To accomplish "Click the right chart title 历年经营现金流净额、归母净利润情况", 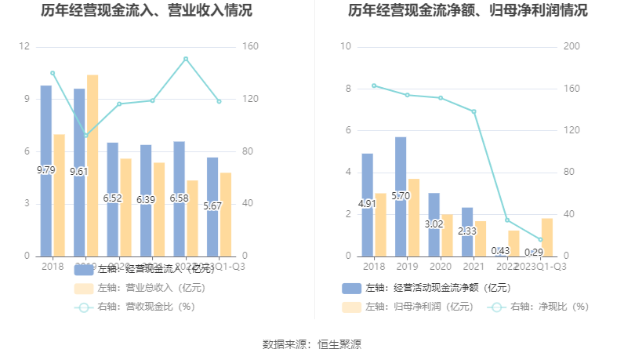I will click(468, 11).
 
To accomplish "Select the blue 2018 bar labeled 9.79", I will click(46, 170).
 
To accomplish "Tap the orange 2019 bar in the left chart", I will click(93, 165).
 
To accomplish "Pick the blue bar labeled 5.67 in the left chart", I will click(212, 206).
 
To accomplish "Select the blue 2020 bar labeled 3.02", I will click(434, 224).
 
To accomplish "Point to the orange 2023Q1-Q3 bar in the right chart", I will click(547, 237).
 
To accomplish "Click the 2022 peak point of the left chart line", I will click(186, 59).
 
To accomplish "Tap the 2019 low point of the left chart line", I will click(86, 136).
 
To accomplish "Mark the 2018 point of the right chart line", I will click(374, 85).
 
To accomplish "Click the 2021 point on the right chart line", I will click(473, 111).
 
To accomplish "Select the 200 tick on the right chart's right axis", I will click(571, 47).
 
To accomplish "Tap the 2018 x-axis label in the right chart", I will click(374, 267).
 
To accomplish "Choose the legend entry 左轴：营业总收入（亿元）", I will click(140, 288).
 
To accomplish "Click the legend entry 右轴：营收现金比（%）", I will click(134, 307).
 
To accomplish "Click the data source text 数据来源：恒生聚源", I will click(312, 344).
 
